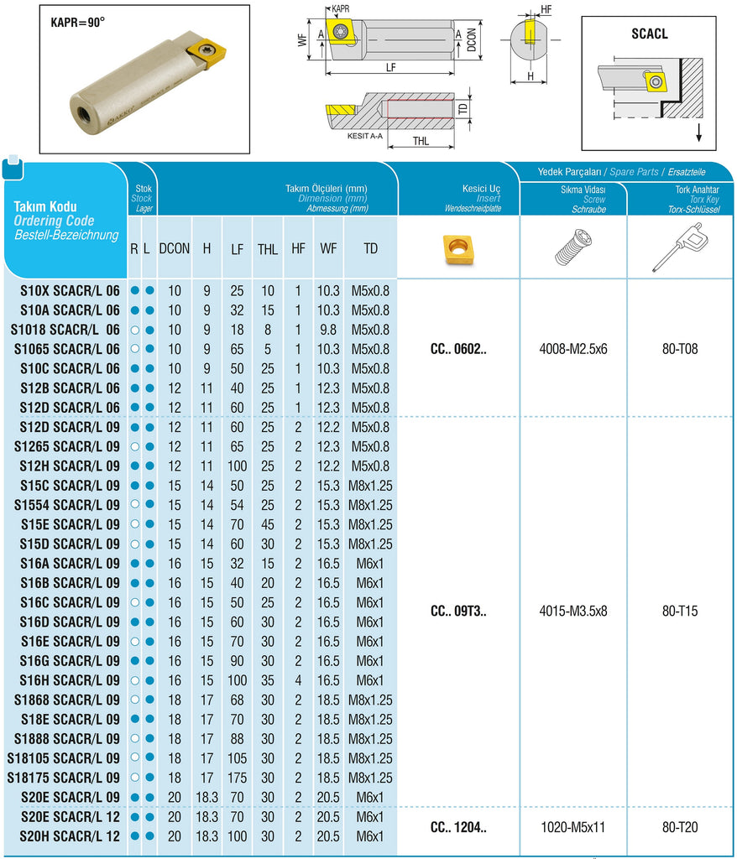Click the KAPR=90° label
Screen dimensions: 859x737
tap(78, 23)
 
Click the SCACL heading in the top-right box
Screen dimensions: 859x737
tap(650, 34)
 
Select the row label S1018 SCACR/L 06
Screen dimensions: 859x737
tap(65, 329)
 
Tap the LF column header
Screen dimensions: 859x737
tap(238, 248)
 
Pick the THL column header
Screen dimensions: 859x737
tap(268, 248)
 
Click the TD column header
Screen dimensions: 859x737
tap(370, 248)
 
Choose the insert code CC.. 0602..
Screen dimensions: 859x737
tap(458, 349)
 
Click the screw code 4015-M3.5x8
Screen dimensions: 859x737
tap(573, 611)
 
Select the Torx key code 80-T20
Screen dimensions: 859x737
tap(680, 827)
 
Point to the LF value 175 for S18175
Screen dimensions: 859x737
tap(238, 778)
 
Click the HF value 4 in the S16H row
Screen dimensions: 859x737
tap(298, 680)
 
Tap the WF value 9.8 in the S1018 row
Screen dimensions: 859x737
tap(328, 330)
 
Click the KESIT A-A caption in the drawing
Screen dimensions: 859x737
tap(364, 136)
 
